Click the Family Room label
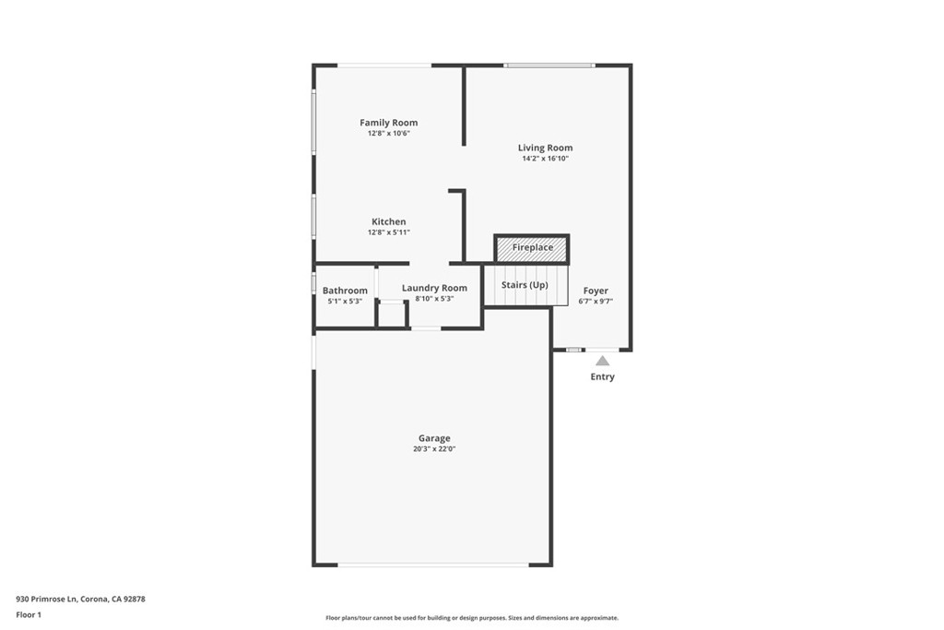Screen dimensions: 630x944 coord(388,123)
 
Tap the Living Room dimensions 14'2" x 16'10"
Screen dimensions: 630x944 coord(545,159)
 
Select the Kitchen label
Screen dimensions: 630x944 coord(388,221)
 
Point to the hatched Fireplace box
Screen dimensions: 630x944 coord(532,248)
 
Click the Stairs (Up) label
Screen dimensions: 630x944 coord(525,285)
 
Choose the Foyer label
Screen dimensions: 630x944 coord(596,291)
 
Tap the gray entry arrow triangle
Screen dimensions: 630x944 coord(602,361)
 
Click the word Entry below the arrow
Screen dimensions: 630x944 coord(602,376)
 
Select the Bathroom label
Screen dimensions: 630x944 coord(345,291)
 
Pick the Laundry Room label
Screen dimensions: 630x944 coord(434,288)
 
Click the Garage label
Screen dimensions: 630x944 coord(434,438)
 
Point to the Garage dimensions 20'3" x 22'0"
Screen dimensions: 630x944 coord(434,449)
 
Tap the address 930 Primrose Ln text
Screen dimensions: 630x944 coord(81,599)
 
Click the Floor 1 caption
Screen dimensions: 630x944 coord(29,614)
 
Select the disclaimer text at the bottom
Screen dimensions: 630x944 coord(471,618)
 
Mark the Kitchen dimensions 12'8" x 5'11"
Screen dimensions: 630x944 coord(388,232)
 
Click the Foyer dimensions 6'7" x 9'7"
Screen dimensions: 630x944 coord(596,302)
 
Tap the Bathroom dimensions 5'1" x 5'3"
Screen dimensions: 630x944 coord(345,302)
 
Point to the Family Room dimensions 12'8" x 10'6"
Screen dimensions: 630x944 coord(388,134)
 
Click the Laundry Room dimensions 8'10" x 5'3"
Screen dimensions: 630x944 coord(434,299)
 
